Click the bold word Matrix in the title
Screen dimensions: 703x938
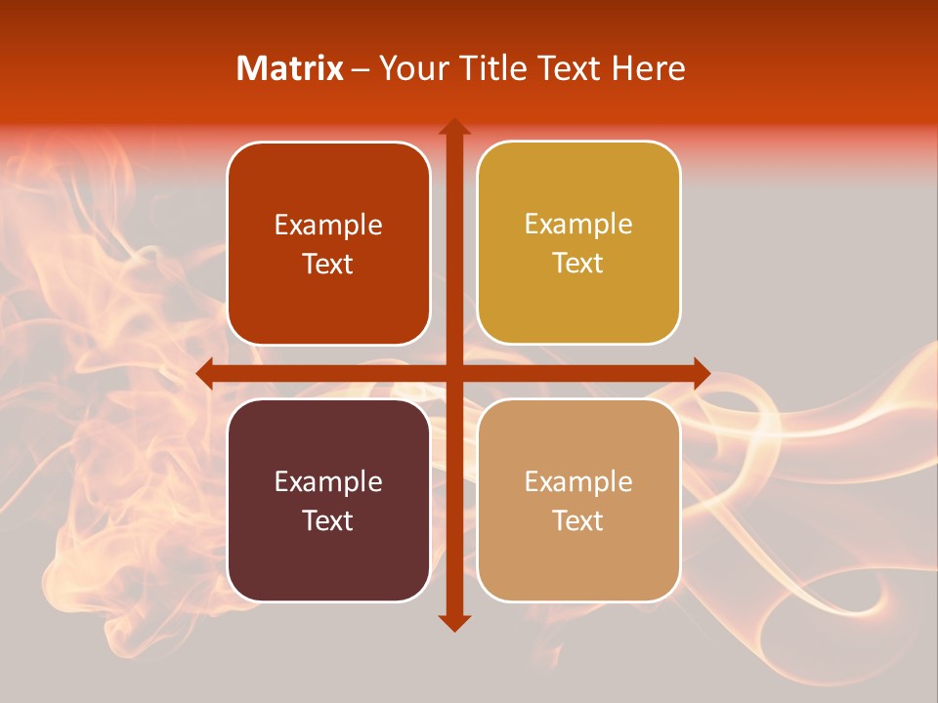pos(290,68)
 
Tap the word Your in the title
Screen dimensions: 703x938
pos(410,68)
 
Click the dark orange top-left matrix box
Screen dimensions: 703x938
pos(328,244)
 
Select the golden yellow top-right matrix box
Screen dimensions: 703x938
pos(578,243)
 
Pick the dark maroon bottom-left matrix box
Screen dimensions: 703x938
pos(328,500)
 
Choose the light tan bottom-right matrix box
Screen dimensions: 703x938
pos(578,500)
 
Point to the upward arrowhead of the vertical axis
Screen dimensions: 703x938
pos(453,128)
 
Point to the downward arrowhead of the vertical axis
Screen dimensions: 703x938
pos(453,622)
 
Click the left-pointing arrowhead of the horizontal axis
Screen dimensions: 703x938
pos(205,373)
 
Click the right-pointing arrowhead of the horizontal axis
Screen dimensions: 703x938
pos(701,373)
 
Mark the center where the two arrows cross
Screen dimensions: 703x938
pos(453,373)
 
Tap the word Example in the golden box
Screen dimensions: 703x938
pos(578,225)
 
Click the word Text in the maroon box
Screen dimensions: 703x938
pos(328,520)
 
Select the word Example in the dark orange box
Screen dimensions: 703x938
pos(328,226)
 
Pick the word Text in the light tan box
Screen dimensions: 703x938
pos(578,520)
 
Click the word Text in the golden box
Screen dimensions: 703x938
pos(578,264)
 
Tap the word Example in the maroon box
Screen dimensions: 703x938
pos(328,481)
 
